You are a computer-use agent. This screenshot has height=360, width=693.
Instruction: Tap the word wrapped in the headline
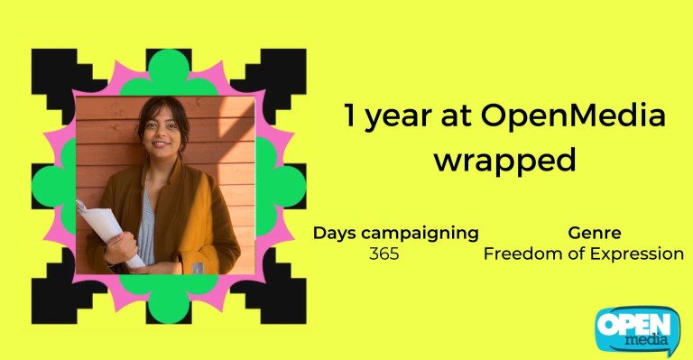click(x=504, y=161)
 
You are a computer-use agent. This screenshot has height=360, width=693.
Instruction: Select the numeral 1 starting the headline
click(x=349, y=117)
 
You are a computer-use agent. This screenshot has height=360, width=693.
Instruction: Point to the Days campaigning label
click(x=395, y=233)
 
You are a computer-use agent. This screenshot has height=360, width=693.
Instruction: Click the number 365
click(x=383, y=254)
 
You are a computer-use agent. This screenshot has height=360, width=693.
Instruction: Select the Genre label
click(x=594, y=233)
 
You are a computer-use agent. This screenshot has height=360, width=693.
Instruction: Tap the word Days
click(x=333, y=233)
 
